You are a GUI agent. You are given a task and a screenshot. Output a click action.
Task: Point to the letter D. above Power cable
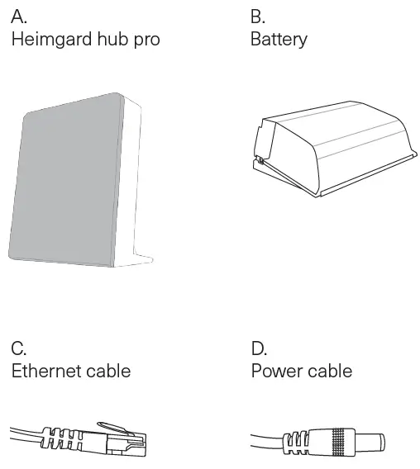click(x=260, y=348)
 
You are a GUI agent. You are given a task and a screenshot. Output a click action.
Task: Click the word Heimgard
click(x=50, y=40)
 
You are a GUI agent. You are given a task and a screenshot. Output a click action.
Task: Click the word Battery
click(x=279, y=40)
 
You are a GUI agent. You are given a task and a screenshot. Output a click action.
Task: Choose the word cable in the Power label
click(x=330, y=371)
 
